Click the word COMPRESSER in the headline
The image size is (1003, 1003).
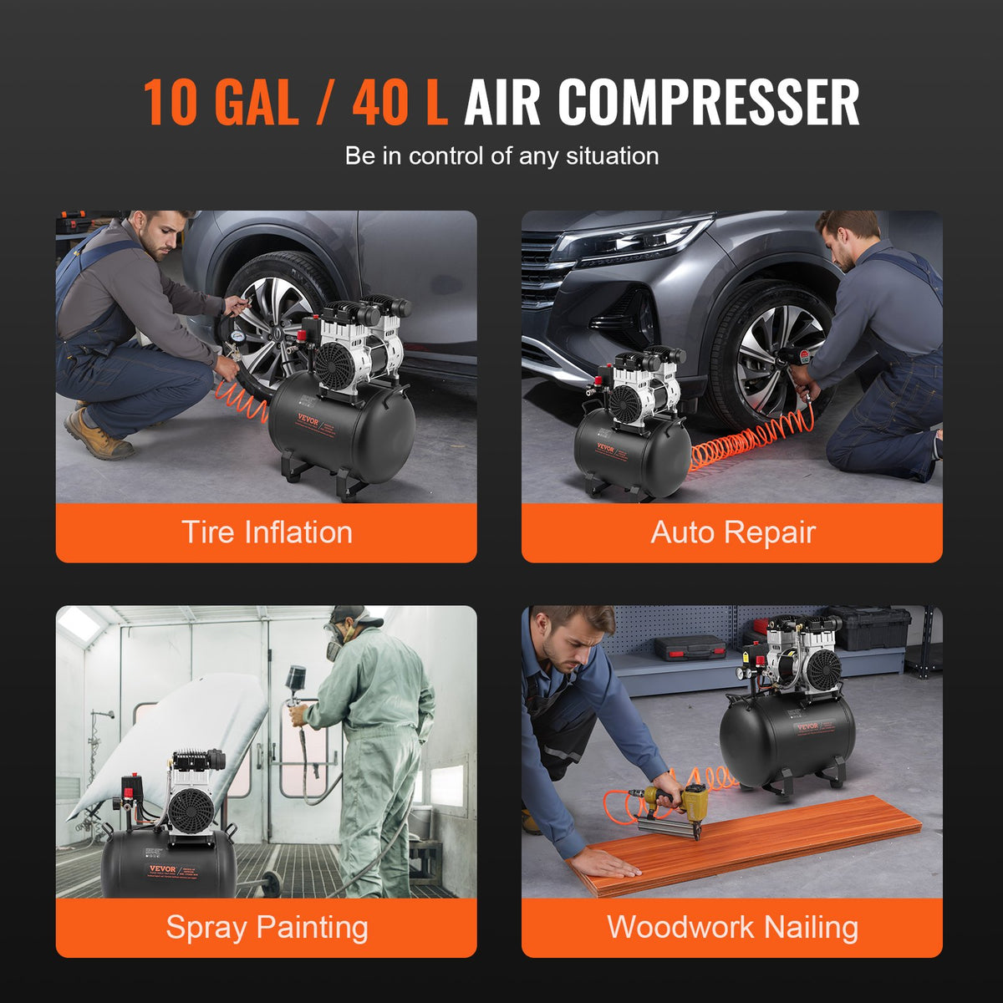click(708, 103)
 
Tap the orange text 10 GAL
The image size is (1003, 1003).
click(220, 103)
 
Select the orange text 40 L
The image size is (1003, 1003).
click(400, 103)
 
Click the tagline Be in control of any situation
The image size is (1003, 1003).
click(501, 156)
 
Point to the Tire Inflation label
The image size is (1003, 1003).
click(267, 532)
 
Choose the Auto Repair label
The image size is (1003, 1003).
click(732, 532)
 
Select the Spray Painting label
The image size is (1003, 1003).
click(267, 927)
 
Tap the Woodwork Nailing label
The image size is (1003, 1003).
click(732, 927)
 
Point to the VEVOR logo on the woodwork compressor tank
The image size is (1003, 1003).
click(807, 726)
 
